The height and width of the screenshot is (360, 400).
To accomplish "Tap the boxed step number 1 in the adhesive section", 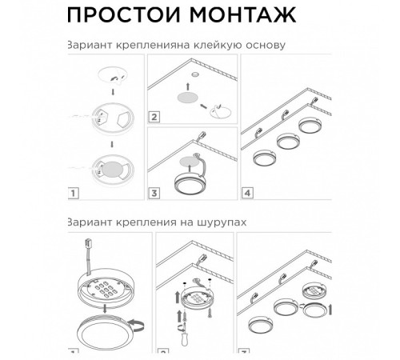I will coord(73,192).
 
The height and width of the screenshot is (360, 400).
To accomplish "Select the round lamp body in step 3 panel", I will coord(186,176).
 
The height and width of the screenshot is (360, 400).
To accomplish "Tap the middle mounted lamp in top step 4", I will coord(287,141).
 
